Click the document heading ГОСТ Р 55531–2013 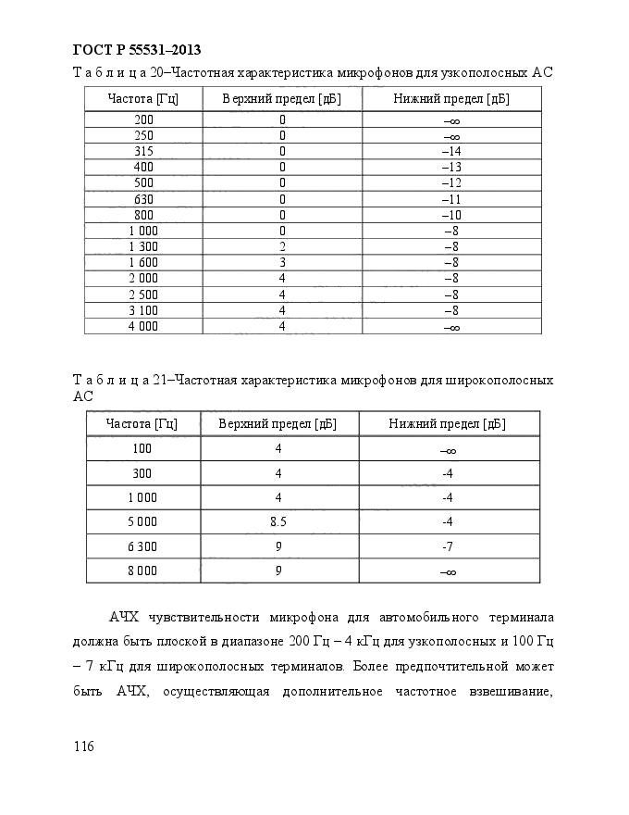[x=137, y=50]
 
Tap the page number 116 [x=83, y=746]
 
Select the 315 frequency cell [x=143, y=151]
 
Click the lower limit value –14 [x=450, y=151]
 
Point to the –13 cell [x=450, y=167]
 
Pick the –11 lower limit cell [x=450, y=198]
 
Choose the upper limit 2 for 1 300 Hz [x=282, y=246]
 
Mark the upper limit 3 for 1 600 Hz [x=282, y=262]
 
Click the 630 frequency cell [x=143, y=198]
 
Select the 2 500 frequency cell [x=143, y=294]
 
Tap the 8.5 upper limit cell [x=277, y=521]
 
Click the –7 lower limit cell [x=447, y=546]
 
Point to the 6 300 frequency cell [x=142, y=546]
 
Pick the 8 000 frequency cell [x=142, y=571]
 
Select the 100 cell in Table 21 [x=142, y=449]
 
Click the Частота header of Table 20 [x=142, y=98]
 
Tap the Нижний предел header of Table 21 [x=447, y=424]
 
